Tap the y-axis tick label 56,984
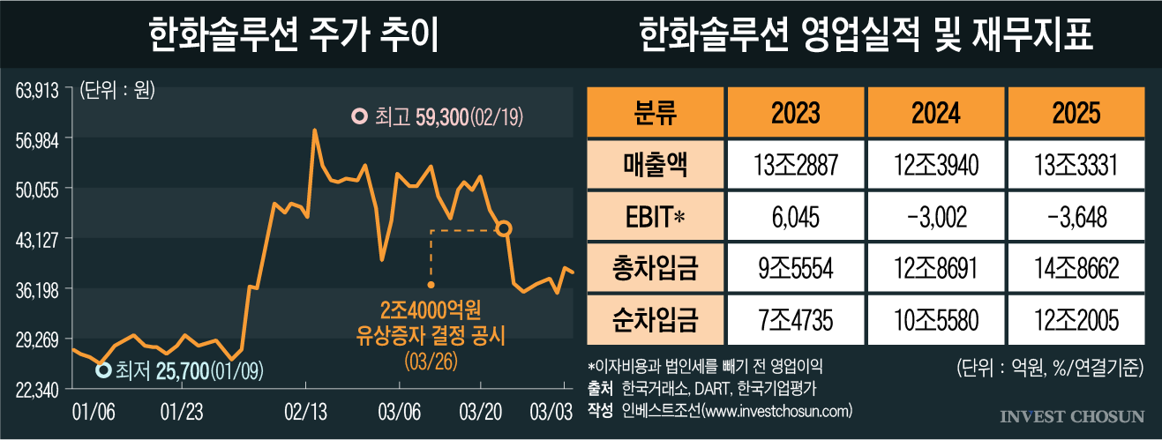click(36, 138)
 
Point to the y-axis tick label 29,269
click(36, 339)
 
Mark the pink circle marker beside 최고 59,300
click(358, 116)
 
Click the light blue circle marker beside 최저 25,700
click(102, 370)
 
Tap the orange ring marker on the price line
click(504, 228)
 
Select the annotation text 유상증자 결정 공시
click(430, 335)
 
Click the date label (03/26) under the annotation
click(430, 361)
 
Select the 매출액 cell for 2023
click(795, 165)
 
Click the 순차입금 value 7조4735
click(795, 320)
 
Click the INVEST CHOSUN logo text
click(1072, 415)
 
